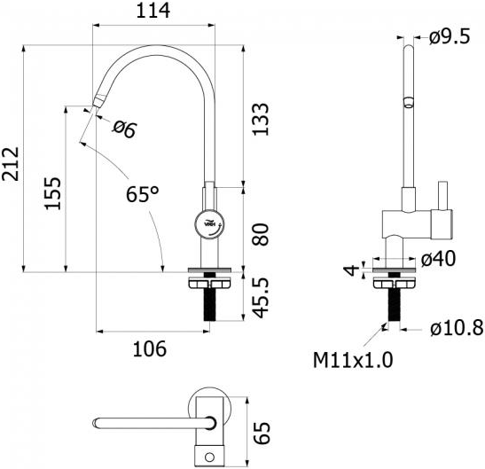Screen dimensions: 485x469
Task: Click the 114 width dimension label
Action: [x=153, y=11]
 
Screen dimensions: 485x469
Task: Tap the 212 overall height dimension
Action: [x=12, y=164]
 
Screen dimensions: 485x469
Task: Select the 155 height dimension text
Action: [x=52, y=193]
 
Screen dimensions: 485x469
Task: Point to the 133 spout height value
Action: [x=261, y=119]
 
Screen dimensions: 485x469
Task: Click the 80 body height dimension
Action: [x=261, y=234]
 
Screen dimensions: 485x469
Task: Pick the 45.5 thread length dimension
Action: [x=261, y=298]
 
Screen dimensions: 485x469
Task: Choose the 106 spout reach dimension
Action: [x=150, y=348]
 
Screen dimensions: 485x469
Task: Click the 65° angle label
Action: [x=142, y=194]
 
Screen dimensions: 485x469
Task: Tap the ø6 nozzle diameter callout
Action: [x=124, y=129]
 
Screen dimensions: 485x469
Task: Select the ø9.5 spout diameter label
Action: [x=450, y=37]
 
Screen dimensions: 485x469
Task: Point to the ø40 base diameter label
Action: [x=438, y=259]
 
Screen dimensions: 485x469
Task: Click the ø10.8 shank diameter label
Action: [x=457, y=328]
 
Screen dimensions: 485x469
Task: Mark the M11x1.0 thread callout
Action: [x=353, y=360]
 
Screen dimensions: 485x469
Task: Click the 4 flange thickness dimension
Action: [x=351, y=270]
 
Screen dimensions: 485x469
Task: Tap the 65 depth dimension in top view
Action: [x=262, y=433]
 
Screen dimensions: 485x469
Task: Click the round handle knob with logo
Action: [x=210, y=224]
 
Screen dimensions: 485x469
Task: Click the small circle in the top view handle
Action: [x=209, y=457]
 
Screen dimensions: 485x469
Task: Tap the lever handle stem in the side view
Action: [x=443, y=195]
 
